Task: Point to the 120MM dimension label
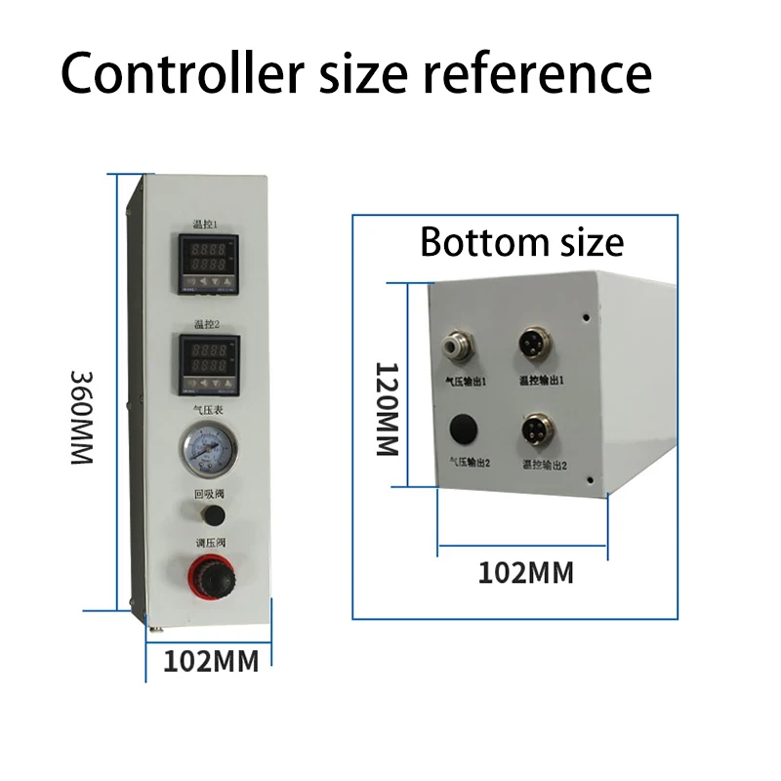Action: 388,410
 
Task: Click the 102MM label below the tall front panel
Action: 210,661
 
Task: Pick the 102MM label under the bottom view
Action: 525,572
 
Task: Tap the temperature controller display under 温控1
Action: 207,263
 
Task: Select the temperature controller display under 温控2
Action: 206,362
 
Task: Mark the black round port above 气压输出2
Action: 462,431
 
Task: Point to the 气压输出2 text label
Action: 468,464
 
